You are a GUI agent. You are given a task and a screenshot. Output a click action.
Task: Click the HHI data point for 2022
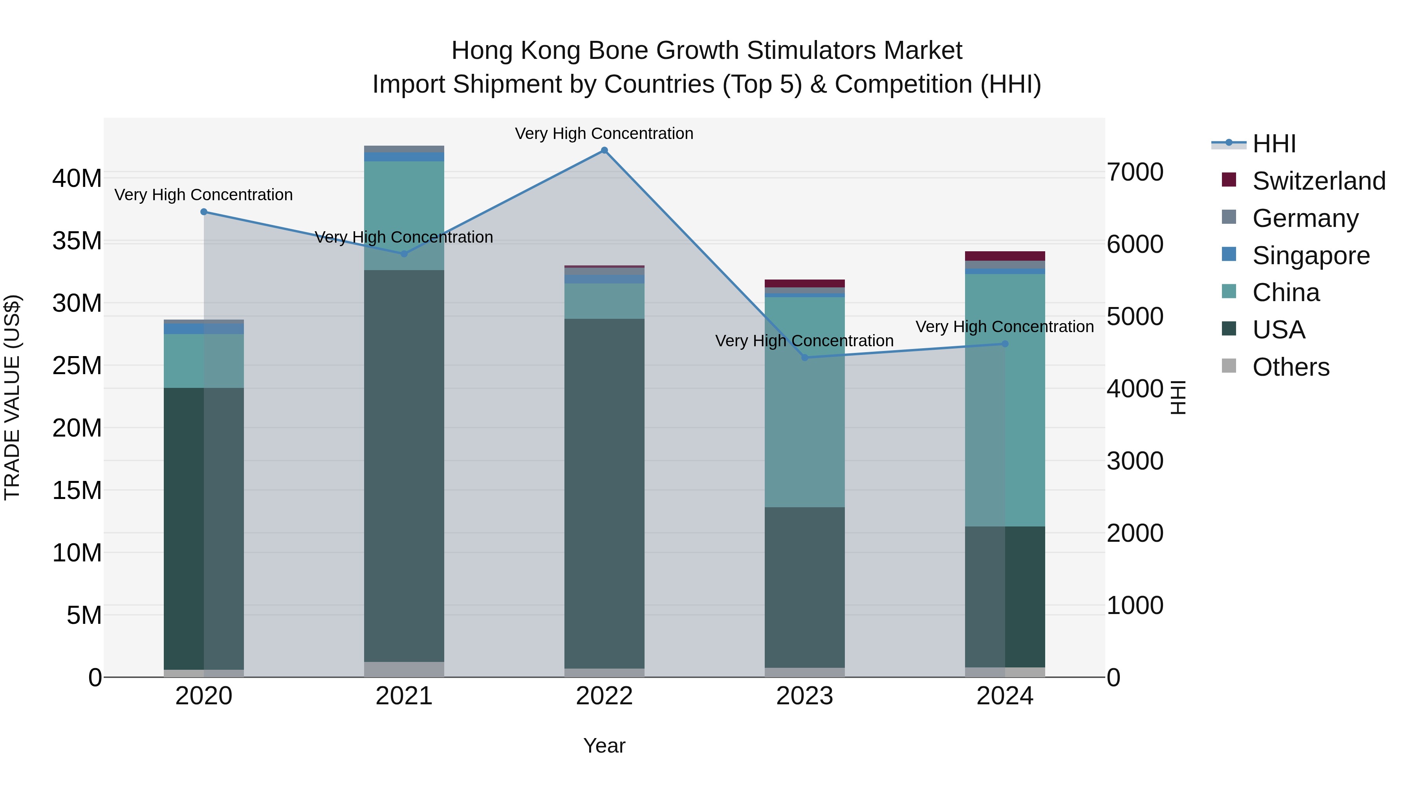pos(604,150)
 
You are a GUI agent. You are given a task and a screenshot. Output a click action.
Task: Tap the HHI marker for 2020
pos(203,212)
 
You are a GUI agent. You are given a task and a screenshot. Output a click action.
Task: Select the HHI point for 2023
pos(805,358)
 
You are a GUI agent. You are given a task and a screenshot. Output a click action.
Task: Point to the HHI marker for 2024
pos(1005,344)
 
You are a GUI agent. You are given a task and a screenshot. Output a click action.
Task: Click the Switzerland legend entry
pos(1319,181)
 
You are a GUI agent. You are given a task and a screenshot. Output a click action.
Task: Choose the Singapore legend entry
pos(1311,256)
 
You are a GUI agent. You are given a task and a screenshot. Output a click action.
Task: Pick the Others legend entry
pos(1291,367)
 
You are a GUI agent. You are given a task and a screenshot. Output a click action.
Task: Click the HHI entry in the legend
pos(1273,144)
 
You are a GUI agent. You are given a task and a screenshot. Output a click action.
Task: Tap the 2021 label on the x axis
pos(404,696)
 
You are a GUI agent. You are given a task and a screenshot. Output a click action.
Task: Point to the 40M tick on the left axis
pos(77,178)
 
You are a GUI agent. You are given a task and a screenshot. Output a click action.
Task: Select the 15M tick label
pos(77,490)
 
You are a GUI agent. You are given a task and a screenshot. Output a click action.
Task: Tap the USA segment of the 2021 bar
pos(404,466)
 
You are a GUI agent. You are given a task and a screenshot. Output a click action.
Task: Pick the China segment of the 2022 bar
pos(604,301)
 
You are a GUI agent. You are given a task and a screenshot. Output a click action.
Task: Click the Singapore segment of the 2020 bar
pos(203,329)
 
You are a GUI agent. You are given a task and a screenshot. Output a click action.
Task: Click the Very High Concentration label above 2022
pos(604,134)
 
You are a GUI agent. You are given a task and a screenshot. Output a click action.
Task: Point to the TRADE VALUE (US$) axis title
pos(12,397)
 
